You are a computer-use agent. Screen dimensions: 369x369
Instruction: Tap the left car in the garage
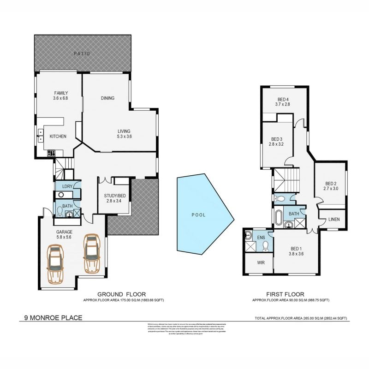tap(55, 265)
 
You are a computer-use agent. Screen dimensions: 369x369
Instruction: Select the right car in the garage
tap(91, 254)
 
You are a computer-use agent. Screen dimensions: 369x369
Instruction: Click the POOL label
tap(198, 215)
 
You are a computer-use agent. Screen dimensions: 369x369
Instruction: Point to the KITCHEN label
tap(58, 137)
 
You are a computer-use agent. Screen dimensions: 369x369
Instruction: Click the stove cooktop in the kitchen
tap(51, 153)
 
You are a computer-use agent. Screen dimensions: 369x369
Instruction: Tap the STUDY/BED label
tap(114, 196)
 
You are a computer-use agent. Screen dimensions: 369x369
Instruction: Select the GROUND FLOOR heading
tap(121, 294)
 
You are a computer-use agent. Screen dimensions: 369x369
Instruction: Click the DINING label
tap(107, 98)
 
